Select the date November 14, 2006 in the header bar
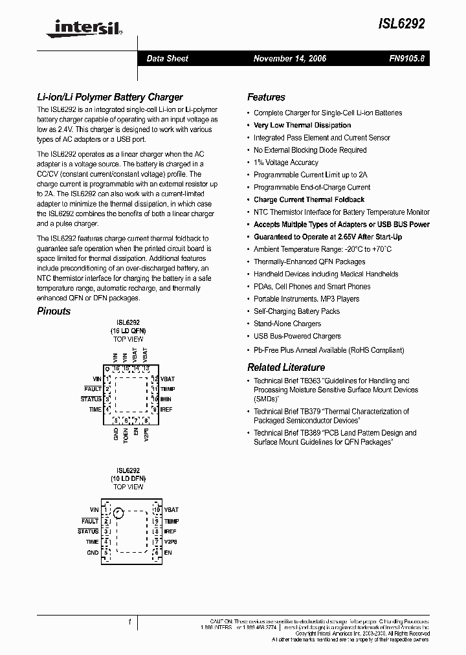point(289,58)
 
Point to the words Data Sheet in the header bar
point(168,58)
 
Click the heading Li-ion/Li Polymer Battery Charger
point(109,97)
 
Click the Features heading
point(266,97)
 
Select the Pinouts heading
point(54,311)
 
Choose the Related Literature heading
point(286,367)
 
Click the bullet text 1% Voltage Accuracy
point(285,162)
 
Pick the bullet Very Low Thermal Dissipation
point(302,126)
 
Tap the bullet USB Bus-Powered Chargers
point(297,336)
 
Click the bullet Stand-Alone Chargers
point(287,324)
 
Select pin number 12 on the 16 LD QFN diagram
point(155,378)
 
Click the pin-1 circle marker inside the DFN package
point(118,514)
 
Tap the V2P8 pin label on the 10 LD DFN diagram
point(170,542)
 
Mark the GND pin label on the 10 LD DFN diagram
point(93,553)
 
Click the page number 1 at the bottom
point(130,622)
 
